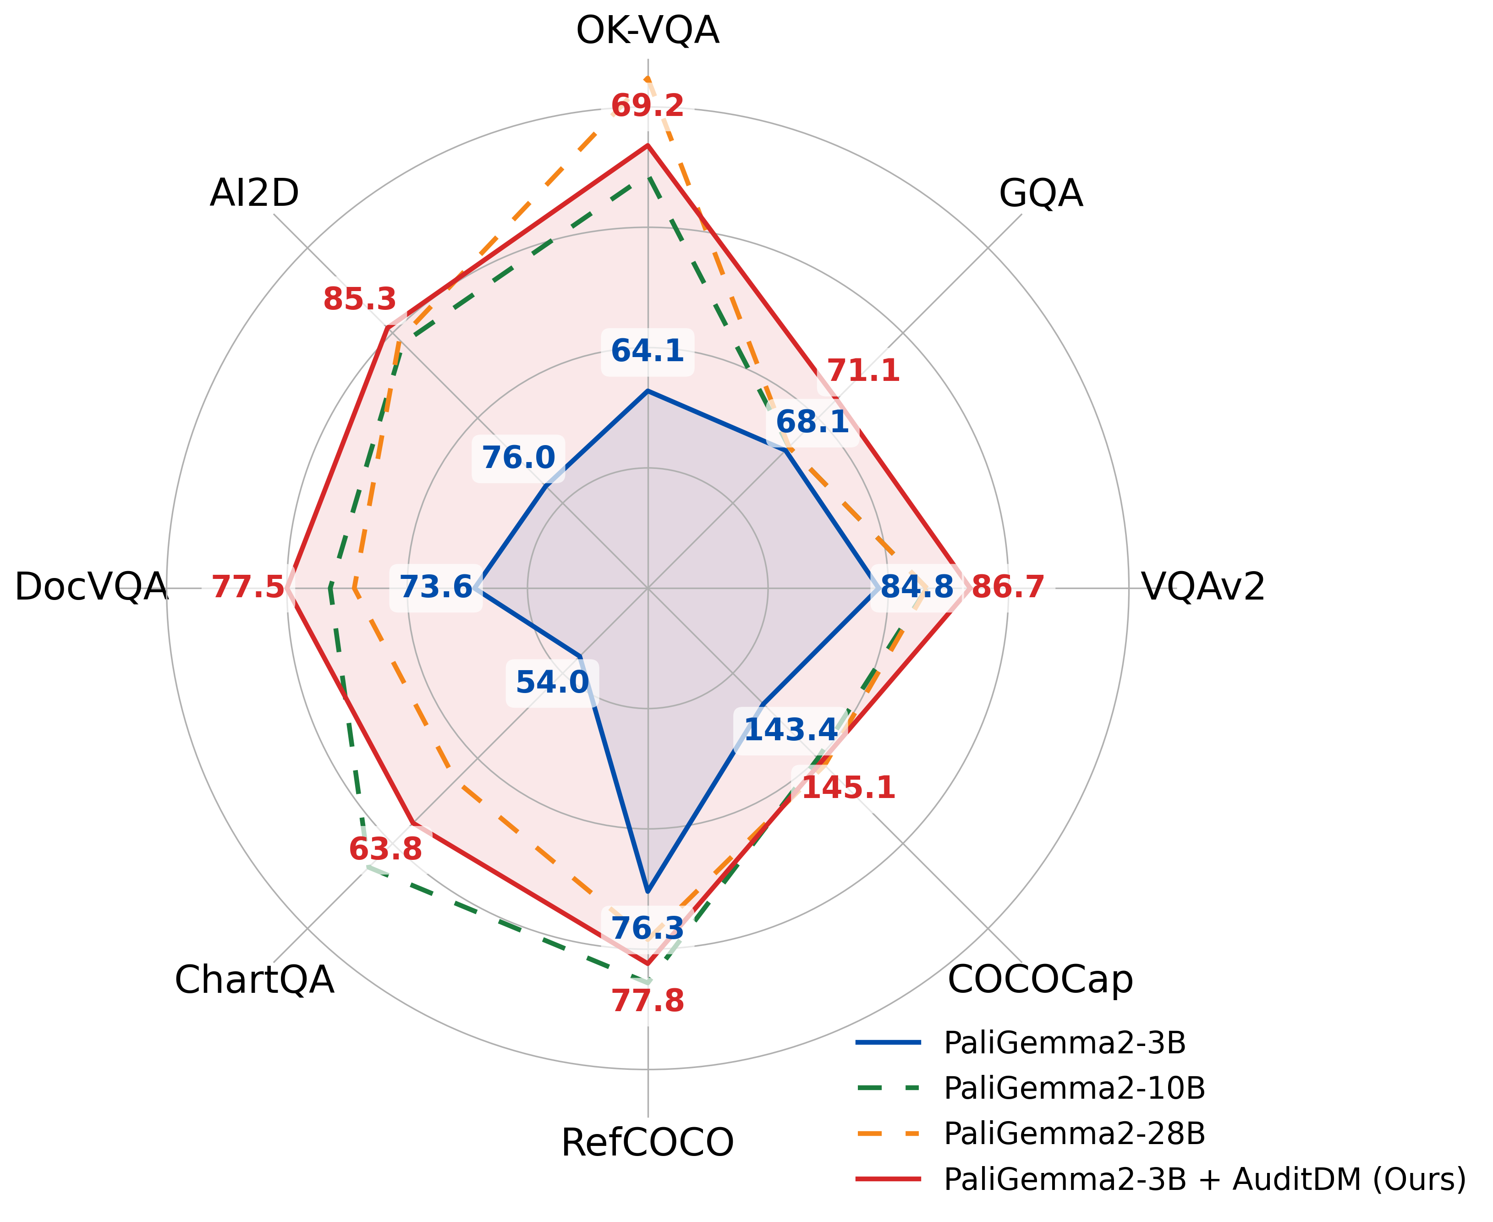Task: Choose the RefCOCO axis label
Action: point(648,1142)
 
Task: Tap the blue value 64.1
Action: point(648,351)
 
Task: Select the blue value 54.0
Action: point(552,682)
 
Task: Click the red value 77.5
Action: point(248,587)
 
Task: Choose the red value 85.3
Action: point(360,300)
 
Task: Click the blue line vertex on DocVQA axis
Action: point(476,588)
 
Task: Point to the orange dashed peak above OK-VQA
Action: point(648,77)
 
